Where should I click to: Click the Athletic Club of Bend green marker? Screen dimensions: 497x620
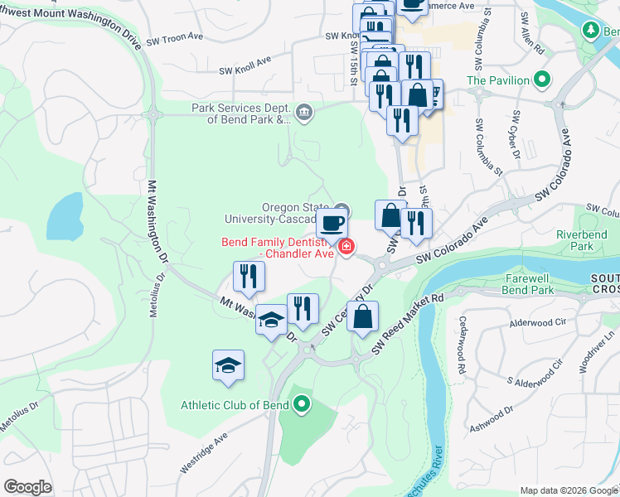[x=303, y=405]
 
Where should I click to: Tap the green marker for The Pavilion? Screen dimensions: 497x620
[x=542, y=80]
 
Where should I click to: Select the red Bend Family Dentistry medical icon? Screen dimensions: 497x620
[x=346, y=246]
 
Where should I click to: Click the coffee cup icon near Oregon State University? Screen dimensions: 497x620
[x=332, y=223]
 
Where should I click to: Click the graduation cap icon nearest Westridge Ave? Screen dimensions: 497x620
[x=229, y=365]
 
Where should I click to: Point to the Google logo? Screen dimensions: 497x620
[x=28, y=486]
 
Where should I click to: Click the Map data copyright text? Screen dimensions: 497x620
[x=568, y=490]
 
